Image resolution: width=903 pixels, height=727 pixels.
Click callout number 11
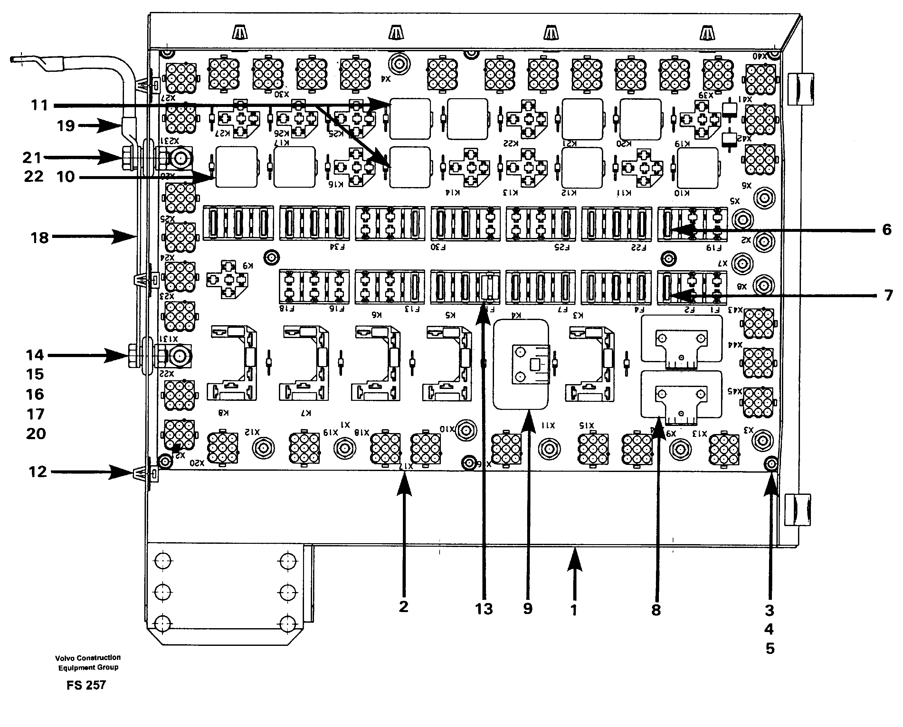(40, 105)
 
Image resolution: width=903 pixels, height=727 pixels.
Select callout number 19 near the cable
(66, 126)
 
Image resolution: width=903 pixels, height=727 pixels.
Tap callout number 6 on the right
(887, 230)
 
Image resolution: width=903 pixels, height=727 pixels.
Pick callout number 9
(528, 609)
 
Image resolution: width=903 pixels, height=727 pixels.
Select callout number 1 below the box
(574, 610)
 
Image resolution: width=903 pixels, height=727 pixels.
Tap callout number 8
(656, 610)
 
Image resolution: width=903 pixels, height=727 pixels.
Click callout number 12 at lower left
(38, 472)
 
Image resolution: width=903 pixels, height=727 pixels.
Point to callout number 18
(40, 238)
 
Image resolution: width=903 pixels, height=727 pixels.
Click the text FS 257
(86, 685)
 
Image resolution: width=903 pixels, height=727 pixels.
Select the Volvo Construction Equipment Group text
(88, 663)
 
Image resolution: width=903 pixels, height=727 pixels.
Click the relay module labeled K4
(521, 364)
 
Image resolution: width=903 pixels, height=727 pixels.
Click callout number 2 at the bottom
(403, 606)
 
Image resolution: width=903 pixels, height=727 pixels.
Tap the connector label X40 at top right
(760, 56)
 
